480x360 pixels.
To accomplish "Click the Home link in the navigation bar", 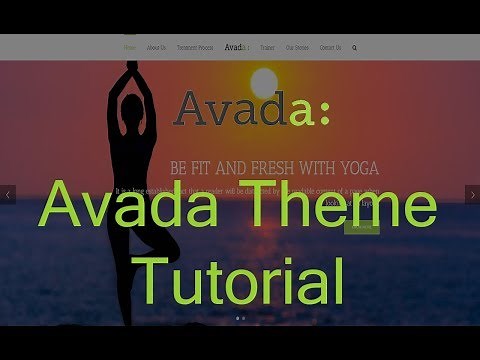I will click(130, 47).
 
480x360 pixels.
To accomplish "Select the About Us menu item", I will click(156, 47).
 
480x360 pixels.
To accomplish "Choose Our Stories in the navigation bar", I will click(296, 47).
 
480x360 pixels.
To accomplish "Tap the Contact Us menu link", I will click(329, 47).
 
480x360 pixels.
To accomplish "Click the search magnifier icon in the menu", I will click(355, 47).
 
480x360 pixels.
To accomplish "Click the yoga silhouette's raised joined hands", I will click(133, 69).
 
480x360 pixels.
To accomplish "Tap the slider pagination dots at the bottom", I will click(241, 318).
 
